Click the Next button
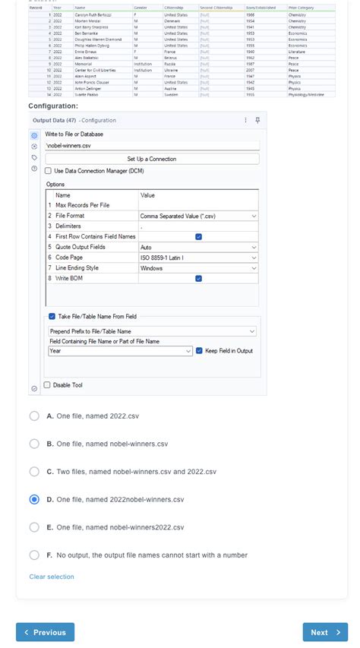325,632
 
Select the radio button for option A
34,416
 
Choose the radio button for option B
34,444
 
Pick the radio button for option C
34,471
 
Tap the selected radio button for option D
34,499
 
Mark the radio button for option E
34,526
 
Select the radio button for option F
34,555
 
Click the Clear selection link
52,577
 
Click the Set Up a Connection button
152,159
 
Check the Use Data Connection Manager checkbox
49,171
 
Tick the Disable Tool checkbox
47,385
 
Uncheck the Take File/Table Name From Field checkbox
52,316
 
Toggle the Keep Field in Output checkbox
199,351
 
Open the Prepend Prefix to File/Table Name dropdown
152,331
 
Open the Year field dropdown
119,351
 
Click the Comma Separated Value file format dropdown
197,216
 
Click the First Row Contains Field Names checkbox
198,236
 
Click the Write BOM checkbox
198,278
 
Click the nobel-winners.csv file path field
152,145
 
